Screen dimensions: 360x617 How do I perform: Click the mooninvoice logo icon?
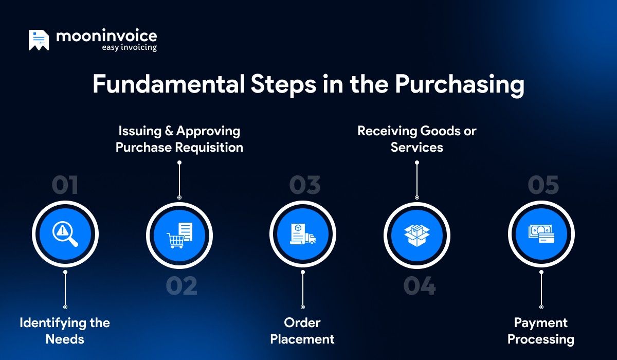pyautogui.click(x=39, y=40)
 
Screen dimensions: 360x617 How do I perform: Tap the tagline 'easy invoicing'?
pyautogui.click(x=129, y=47)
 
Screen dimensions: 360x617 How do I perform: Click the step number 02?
pyautogui.click(x=182, y=286)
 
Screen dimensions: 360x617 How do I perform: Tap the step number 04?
pyautogui.click(x=419, y=286)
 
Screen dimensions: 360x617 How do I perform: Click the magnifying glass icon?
pyautogui.click(x=65, y=236)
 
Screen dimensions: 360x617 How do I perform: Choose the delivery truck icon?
pyautogui.click(x=310, y=239)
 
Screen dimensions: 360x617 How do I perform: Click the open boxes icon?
pyautogui.click(x=417, y=236)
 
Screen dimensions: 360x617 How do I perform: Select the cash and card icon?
pyautogui.click(x=541, y=236)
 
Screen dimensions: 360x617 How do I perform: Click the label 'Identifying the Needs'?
pyautogui.click(x=65, y=331)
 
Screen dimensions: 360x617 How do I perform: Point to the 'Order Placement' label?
pyautogui.click(x=302, y=331)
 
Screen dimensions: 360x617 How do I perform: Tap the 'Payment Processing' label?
pyautogui.click(x=540, y=331)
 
